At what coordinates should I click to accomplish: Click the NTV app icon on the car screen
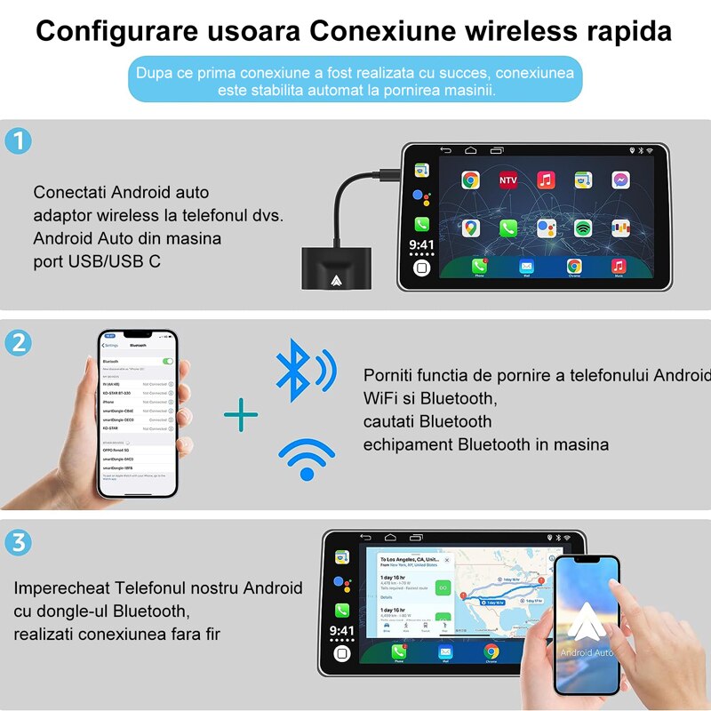[x=508, y=180]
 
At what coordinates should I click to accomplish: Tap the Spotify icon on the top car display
[x=583, y=228]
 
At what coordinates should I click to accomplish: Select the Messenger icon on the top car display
[x=620, y=180]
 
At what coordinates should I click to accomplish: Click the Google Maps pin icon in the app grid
[x=470, y=228]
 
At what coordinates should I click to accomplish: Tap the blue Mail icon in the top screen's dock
[x=526, y=267]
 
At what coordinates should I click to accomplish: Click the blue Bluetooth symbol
[x=293, y=369]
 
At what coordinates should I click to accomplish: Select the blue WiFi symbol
[x=307, y=458]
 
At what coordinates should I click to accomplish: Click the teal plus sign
[x=240, y=414]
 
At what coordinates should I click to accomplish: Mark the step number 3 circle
[x=18, y=542]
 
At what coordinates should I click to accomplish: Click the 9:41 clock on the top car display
[x=422, y=244]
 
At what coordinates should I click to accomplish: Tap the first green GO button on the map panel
[x=443, y=587]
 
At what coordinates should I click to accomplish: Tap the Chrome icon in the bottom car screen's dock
[x=491, y=652]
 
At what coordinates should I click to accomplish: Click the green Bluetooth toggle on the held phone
[x=167, y=362]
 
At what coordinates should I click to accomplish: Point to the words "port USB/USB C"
[x=98, y=261]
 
